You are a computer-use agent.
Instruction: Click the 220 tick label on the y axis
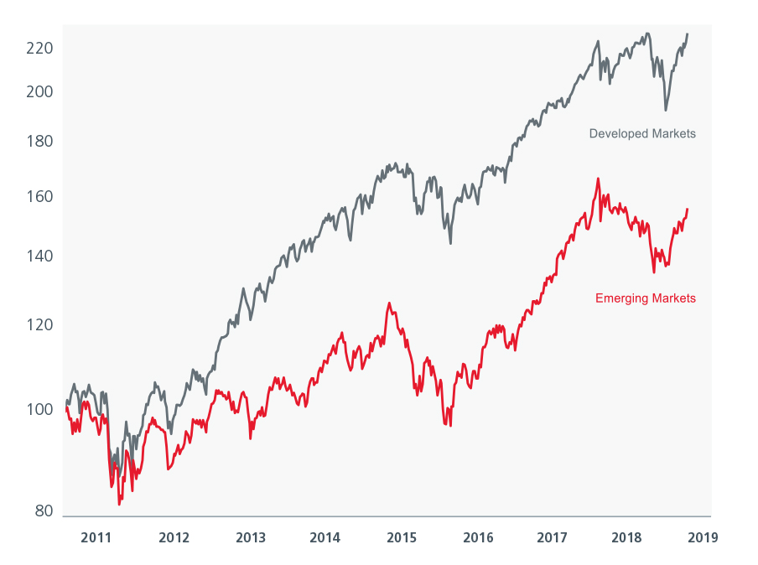click(x=40, y=49)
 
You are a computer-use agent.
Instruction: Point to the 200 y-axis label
click(x=40, y=91)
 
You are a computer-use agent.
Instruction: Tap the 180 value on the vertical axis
click(x=40, y=141)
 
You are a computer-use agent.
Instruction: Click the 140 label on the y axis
click(x=40, y=256)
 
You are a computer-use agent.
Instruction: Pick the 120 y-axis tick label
click(x=40, y=325)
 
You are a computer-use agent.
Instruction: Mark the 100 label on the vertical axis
click(x=40, y=409)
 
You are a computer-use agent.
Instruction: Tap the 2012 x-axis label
click(x=173, y=537)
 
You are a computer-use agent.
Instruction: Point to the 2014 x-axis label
click(x=325, y=537)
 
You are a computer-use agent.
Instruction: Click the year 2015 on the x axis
click(x=402, y=537)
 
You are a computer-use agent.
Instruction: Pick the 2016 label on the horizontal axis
click(x=478, y=537)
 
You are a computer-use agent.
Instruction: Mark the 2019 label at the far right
click(x=702, y=537)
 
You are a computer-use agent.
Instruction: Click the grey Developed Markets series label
click(x=642, y=133)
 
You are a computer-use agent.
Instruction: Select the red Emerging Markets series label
click(x=645, y=298)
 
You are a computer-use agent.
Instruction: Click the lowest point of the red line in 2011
click(x=119, y=504)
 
